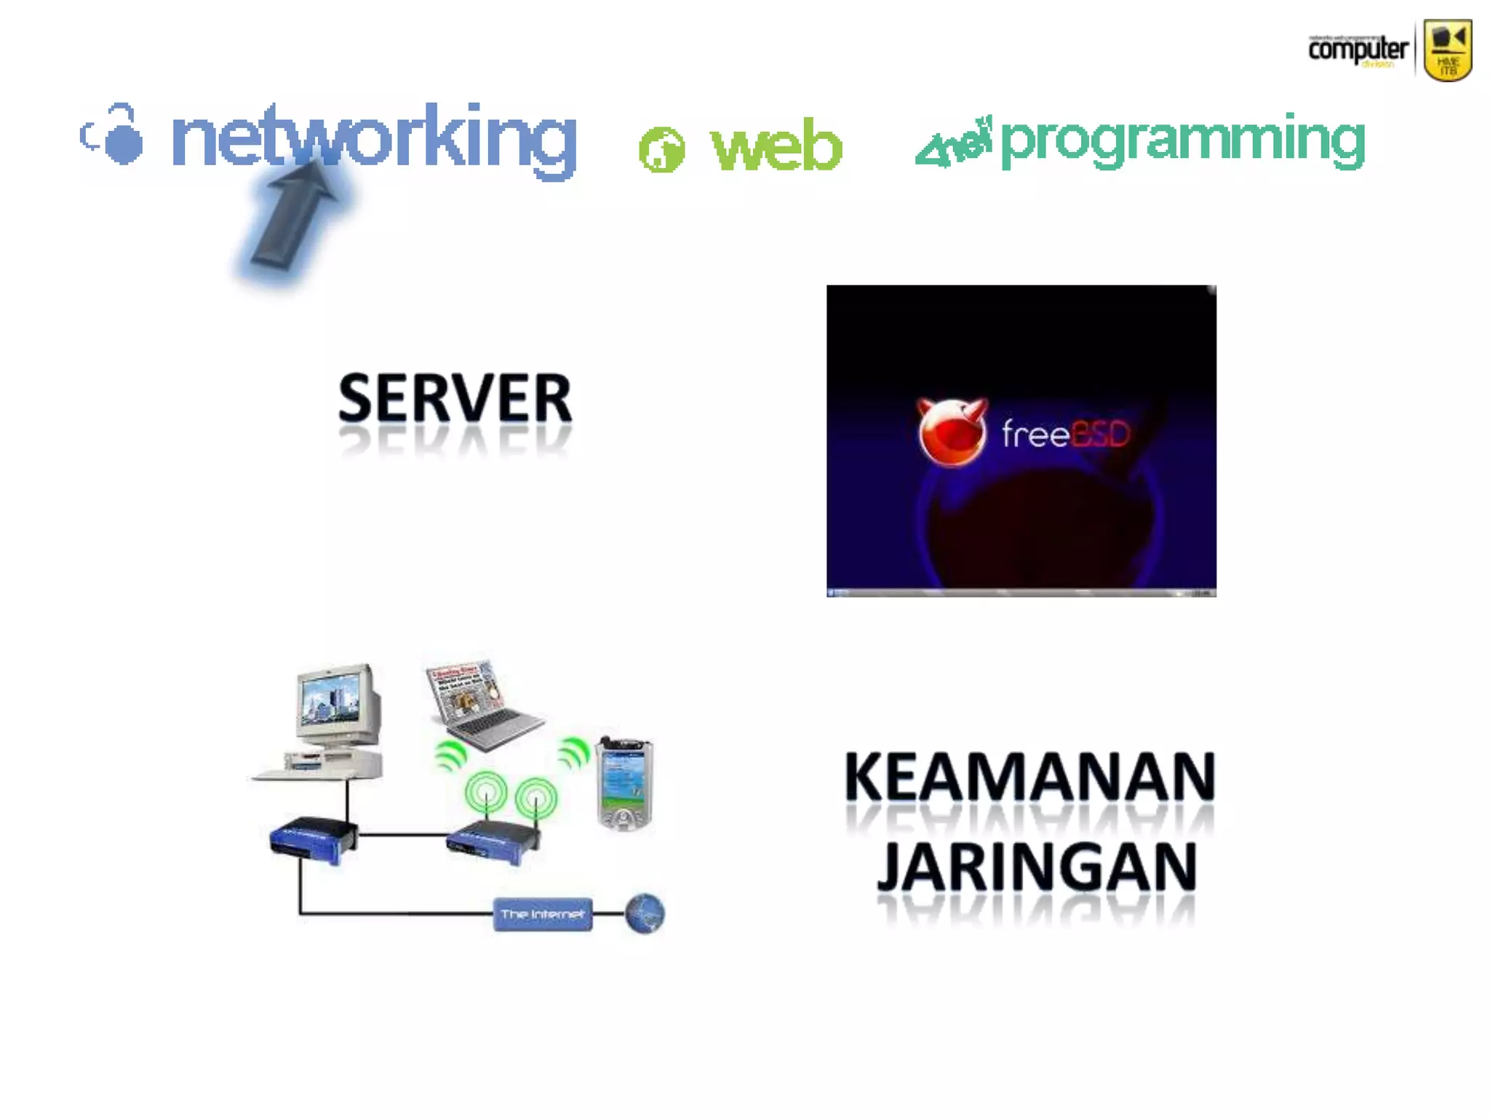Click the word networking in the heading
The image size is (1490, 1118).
[373, 138]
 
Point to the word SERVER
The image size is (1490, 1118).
[455, 398]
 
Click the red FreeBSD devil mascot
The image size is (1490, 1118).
[952, 432]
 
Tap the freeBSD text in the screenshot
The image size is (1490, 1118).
[1065, 435]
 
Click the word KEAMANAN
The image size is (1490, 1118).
[1029, 777]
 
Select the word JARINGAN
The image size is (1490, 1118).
[1036, 866]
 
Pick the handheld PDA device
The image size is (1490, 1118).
[624, 783]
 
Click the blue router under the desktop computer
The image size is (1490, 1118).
[312, 840]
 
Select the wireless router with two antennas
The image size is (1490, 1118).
[495, 841]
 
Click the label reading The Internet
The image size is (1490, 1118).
[542, 914]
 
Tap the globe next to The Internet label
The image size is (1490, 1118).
[645, 913]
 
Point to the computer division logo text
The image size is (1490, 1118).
[1358, 49]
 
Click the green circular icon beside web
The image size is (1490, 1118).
[661, 150]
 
